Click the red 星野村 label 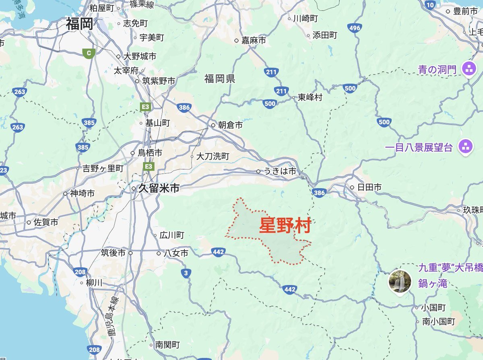(285, 226)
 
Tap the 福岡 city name (79, 24)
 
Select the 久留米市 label (159, 188)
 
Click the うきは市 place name (280, 171)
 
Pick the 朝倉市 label (230, 125)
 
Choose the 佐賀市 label (45, 222)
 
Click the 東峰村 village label (310, 97)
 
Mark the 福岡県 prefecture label (219, 78)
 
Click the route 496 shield (355, 28)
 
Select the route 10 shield (430, 5)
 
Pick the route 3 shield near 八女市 (185, 274)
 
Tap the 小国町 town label (433, 308)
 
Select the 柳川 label (94, 283)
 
